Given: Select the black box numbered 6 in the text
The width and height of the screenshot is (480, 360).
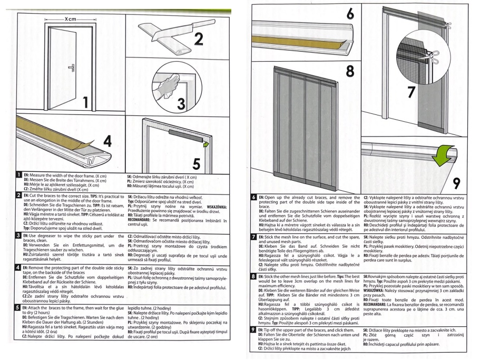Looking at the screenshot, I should point(255,197).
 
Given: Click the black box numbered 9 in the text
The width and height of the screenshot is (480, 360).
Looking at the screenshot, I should point(255,329).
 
